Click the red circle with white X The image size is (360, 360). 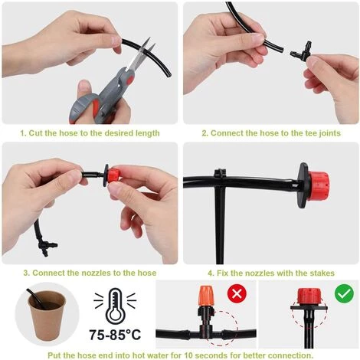click(x=237, y=293)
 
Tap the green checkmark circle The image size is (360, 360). click(x=344, y=293)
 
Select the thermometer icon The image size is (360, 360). click(x=115, y=306)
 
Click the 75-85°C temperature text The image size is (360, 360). click(x=115, y=335)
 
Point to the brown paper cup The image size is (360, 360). click(x=47, y=316)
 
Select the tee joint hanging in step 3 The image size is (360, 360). click(x=47, y=246)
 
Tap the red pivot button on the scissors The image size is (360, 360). click(x=129, y=79)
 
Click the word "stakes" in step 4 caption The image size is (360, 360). click(x=322, y=273)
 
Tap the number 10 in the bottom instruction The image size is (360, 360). click(x=189, y=355)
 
